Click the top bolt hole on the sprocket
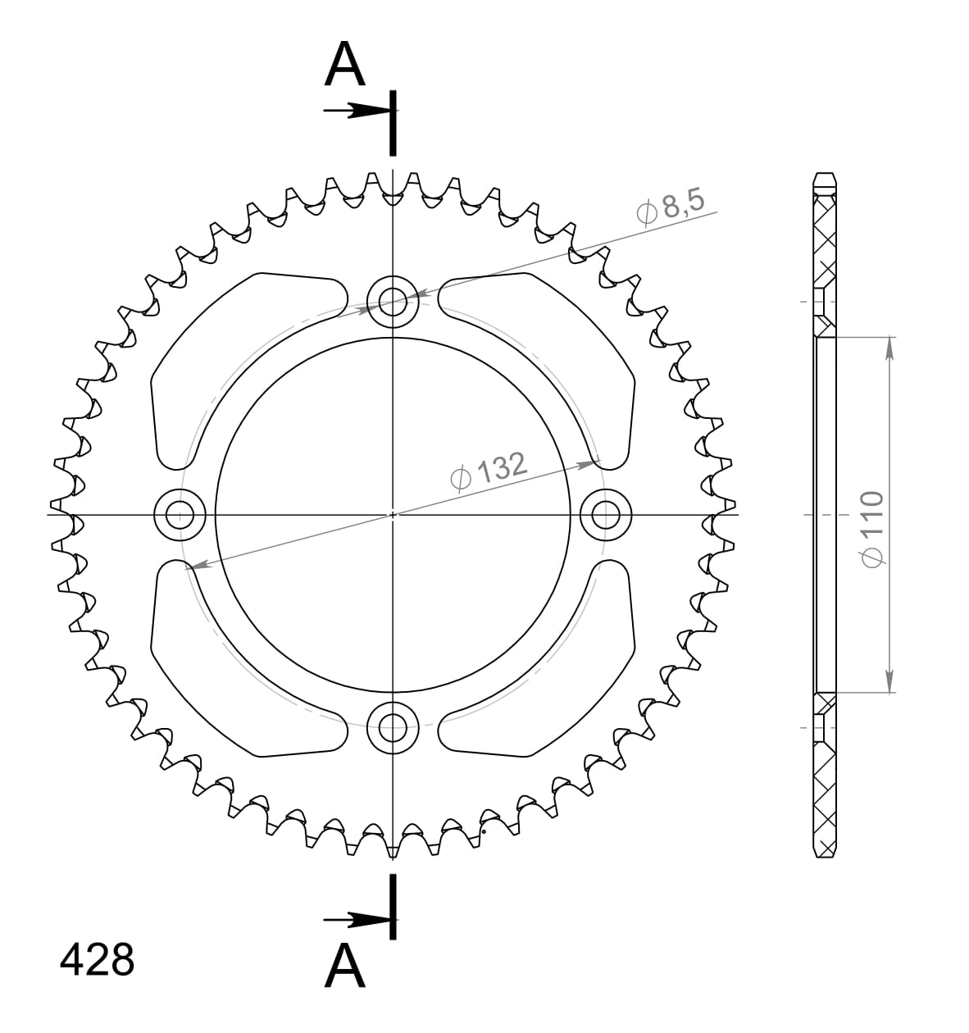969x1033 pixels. tap(393, 302)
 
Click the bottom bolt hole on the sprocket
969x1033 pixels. tap(393, 726)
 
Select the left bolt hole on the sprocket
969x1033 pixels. tap(180, 515)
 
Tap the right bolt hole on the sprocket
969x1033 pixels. tap(606, 515)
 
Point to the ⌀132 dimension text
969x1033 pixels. tap(489, 471)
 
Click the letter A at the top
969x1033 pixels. tap(344, 66)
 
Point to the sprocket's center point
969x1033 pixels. tap(393, 515)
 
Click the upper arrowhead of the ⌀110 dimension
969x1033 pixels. tap(890, 348)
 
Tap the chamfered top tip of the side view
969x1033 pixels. tap(825, 178)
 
